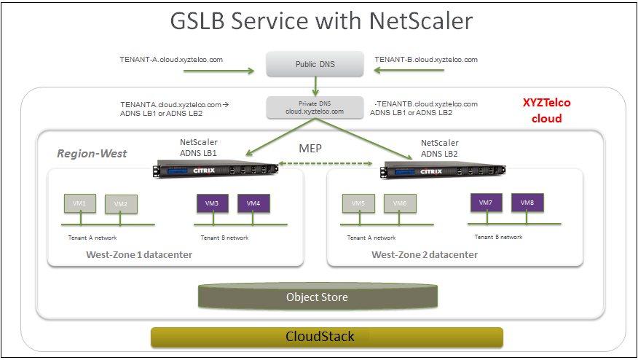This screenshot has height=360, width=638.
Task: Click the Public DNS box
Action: click(315, 64)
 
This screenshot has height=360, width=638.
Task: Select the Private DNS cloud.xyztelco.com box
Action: click(315, 108)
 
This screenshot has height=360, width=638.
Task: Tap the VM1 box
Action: click(79, 203)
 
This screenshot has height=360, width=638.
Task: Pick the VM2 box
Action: click(121, 205)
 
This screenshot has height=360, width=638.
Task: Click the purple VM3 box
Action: click(212, 203)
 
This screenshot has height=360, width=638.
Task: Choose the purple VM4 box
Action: click(253, 203)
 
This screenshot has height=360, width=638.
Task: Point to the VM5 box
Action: click(357, 203)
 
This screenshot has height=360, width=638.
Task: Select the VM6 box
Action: click(400, 203)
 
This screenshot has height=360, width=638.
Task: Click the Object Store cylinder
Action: click(318, 297)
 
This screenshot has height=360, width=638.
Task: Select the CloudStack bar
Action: click(326, 337)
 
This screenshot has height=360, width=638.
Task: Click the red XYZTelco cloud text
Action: click(543, 111)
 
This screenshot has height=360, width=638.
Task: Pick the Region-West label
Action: click(92, 154)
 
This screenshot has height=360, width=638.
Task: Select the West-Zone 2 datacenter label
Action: click(425, 254)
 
